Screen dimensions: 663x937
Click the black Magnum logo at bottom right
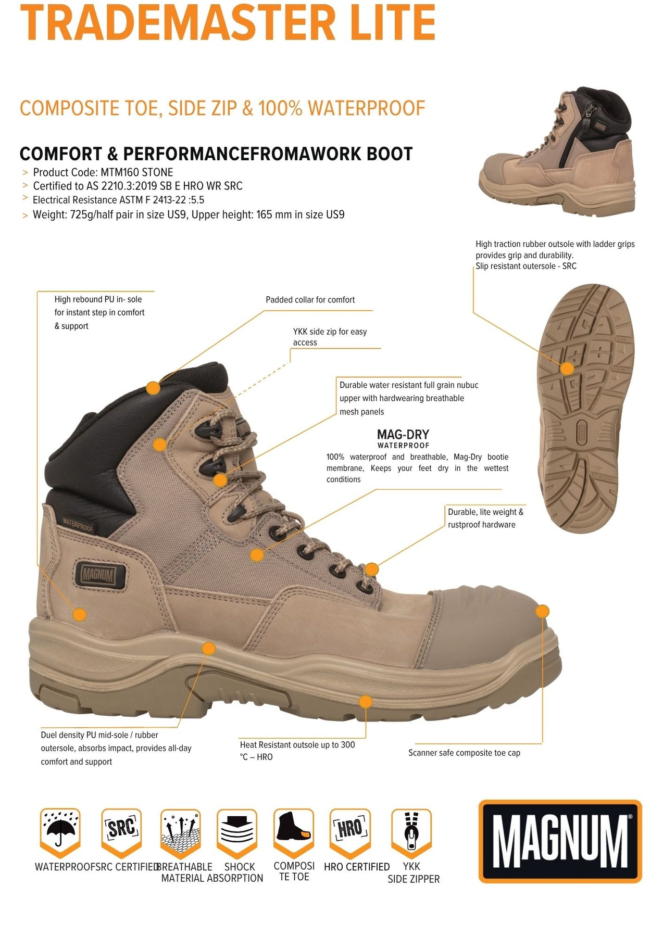pyautogui.click(x=560, y=841)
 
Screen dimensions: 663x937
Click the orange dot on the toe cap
pyautogui.click(x=543, y=611)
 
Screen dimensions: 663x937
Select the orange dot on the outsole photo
pyautogui.click(x=567, y=369)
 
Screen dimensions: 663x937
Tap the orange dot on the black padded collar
pyautogui.click(x=153, y=388)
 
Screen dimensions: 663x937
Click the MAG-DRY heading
pyautogui.click(x=403, y=434)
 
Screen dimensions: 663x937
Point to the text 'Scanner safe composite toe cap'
pyautogui.click(x=464, y=753)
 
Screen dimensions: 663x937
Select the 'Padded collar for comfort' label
pyautogui.click(x=310, y=300)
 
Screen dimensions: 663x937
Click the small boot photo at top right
pyautogui.click(x=556, y=150)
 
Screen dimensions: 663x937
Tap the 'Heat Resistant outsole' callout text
pyautogui.click(x=297, y=751)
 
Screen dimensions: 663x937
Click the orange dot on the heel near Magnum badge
pyautogui.click(x=79, y=614)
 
